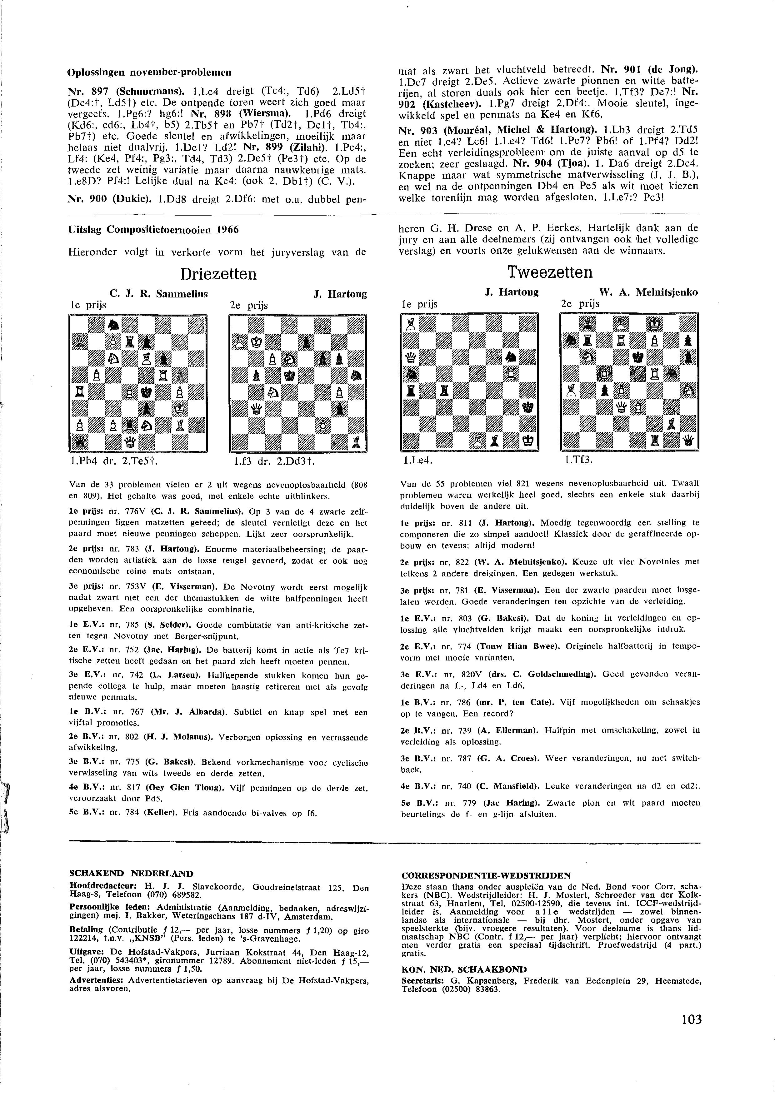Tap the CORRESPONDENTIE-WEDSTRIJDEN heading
(x=486, y=875)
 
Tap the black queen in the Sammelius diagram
(x=78, y=443)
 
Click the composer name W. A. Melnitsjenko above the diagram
(x=648, y=292)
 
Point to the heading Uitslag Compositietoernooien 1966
(x=154, y=230)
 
